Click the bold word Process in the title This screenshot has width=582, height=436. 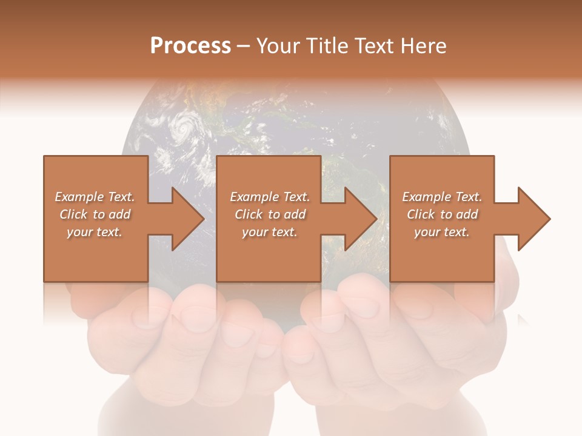coord(190,46)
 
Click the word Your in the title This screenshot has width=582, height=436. coord(278,46)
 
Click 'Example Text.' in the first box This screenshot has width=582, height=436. coord(95,197)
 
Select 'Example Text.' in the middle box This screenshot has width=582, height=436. coord(270,197)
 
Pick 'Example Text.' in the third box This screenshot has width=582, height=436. coord(442,197)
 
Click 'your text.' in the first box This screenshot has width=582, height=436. coord(95,232)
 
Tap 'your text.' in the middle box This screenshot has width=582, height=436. coord(270,232)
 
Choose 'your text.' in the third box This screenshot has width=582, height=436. coord(442,232)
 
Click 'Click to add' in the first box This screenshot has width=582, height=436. coord(95,214)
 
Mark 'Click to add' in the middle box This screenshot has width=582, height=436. coord(270,214)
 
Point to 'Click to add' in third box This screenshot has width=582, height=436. coord(442,214)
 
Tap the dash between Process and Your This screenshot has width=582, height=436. coord(244,47)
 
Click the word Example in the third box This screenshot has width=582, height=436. coord(426,197)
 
